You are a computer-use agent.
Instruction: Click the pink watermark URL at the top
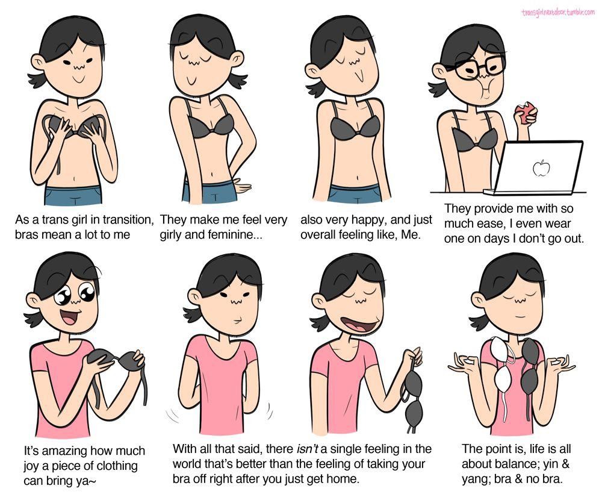(x=558, y=12)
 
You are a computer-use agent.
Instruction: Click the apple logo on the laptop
(x=541, y=167)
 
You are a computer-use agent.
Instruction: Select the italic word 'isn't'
(x=308, y=449)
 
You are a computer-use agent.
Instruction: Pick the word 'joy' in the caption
(x=31, y=466)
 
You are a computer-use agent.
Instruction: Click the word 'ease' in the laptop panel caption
(x=487, y=223)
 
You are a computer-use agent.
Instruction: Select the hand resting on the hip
(x=241, y=187)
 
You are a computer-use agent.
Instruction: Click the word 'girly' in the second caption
(x=171, y=235)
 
